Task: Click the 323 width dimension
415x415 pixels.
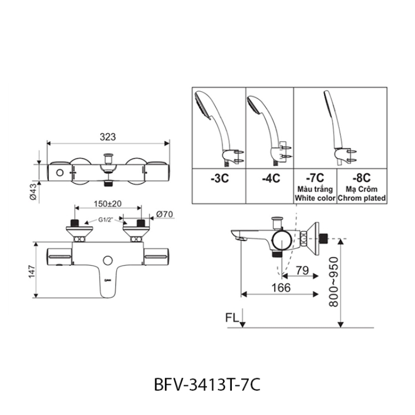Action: pyautogui.click(x=108, y=137)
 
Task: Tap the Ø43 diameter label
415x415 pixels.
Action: pyautogui.click(x=33, y=191)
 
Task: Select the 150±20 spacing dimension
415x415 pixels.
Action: pyautogui.click(x=108, y=204)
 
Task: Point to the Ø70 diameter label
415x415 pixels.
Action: pyautogui.click(x=164, y=214)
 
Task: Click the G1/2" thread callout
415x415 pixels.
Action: pyautogui.click(x=106, y=219)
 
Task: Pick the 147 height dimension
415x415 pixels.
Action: pyautogui.click(x=32, y=271)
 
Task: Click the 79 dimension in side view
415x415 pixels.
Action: pyautogui.click(x=302, y=270)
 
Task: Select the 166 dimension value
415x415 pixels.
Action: pyautogui.click(x=281, y=288)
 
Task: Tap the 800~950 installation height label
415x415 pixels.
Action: pyautogui.click(x=334, y=282)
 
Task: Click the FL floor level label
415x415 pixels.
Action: pyautogui.click(x=232, y=318)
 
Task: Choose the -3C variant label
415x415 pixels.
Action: pyautogui.click(x=219, y=178)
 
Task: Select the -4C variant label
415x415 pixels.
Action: pyautogui.click(x=271, y=178)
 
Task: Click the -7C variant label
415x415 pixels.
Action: pyautogui.click(x=315, y=178)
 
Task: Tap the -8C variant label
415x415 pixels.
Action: pyautogui.click(x=362, y=178)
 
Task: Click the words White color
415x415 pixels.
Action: pyautogui.click(x=315, y=198)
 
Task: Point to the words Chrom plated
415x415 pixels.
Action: pyautogui.click(x=362, y=198)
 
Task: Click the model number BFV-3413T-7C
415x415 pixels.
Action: pyautogui.click(x=207, y=384)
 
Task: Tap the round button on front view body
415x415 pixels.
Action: pyautogui.click(x=108, y=261)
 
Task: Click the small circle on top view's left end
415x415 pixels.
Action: pyautogui.click(x=60, y=173)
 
